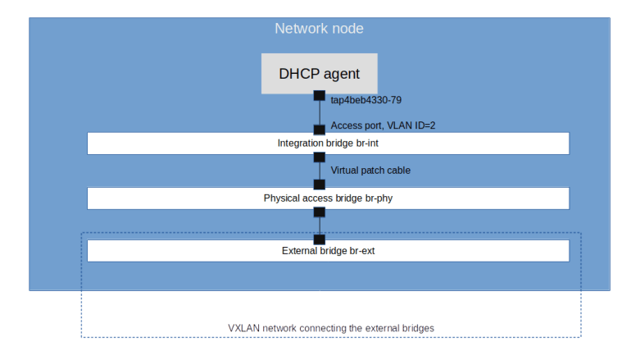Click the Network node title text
[319, 29]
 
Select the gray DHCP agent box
[319, 74]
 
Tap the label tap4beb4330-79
[365, 100]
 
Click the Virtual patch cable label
[370, 170]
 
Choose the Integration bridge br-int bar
[328, 144]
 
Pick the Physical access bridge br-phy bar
[328, 198]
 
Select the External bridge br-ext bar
[328, 251]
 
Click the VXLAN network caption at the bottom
[330, 328]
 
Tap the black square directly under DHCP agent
[320, 96]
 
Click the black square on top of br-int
[320, 130]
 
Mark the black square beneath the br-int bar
[320, 157]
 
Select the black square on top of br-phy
[320, 185]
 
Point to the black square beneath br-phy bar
[320, 212]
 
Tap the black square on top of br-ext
[320, 239]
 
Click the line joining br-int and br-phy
[320, 171]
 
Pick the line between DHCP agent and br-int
[320, 113]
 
